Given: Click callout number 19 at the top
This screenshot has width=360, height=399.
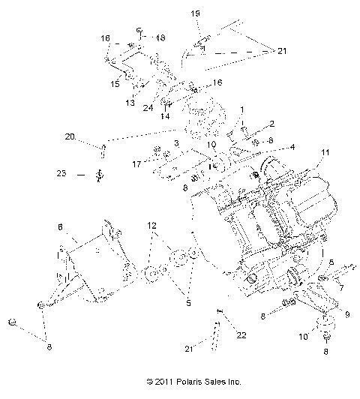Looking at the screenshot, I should click(x=194, y=14).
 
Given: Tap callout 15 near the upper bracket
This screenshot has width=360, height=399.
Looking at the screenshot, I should click(x=115, y=84).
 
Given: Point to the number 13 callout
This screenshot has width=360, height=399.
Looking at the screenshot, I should click(x=130, y=103).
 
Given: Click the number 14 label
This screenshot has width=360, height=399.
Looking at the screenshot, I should click(x=164, y=117).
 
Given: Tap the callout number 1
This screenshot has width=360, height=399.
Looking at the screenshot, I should click(x=242, y=109).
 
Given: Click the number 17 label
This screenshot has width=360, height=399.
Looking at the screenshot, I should click(x=136, y=163).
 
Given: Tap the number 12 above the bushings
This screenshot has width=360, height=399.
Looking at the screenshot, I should click(x=152, y=226).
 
